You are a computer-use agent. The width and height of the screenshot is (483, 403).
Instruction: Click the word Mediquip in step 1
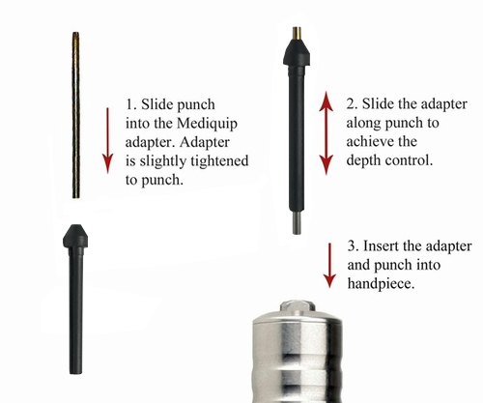pos(208,125)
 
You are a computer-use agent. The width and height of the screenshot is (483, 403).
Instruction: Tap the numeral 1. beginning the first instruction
pos(129,104)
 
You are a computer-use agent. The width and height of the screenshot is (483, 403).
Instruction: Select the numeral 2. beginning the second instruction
pos(352,103)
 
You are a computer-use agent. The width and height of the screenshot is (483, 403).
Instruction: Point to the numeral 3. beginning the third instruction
pos(353,245)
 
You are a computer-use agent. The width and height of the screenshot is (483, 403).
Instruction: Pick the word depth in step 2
pos(363,160)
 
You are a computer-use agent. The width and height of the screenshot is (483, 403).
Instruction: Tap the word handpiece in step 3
pos(381,284)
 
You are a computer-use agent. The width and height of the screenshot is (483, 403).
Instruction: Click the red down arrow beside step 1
pos(107,140)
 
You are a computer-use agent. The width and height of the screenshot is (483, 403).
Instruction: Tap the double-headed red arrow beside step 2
pos(327,132)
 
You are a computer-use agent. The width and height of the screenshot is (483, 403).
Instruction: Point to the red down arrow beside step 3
pos(329,266)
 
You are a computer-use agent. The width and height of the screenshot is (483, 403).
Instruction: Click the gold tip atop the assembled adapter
pos(297,33)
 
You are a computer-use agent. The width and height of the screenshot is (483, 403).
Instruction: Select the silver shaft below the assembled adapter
pos(297,222)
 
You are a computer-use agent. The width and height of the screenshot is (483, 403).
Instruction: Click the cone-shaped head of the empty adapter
pos(75,236)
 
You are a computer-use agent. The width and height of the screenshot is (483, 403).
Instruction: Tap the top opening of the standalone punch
pos(75,33)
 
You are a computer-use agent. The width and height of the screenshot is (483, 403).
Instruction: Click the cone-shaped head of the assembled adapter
pos(297,52)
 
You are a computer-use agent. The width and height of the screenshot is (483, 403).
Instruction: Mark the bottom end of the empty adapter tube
pos(75,373)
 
